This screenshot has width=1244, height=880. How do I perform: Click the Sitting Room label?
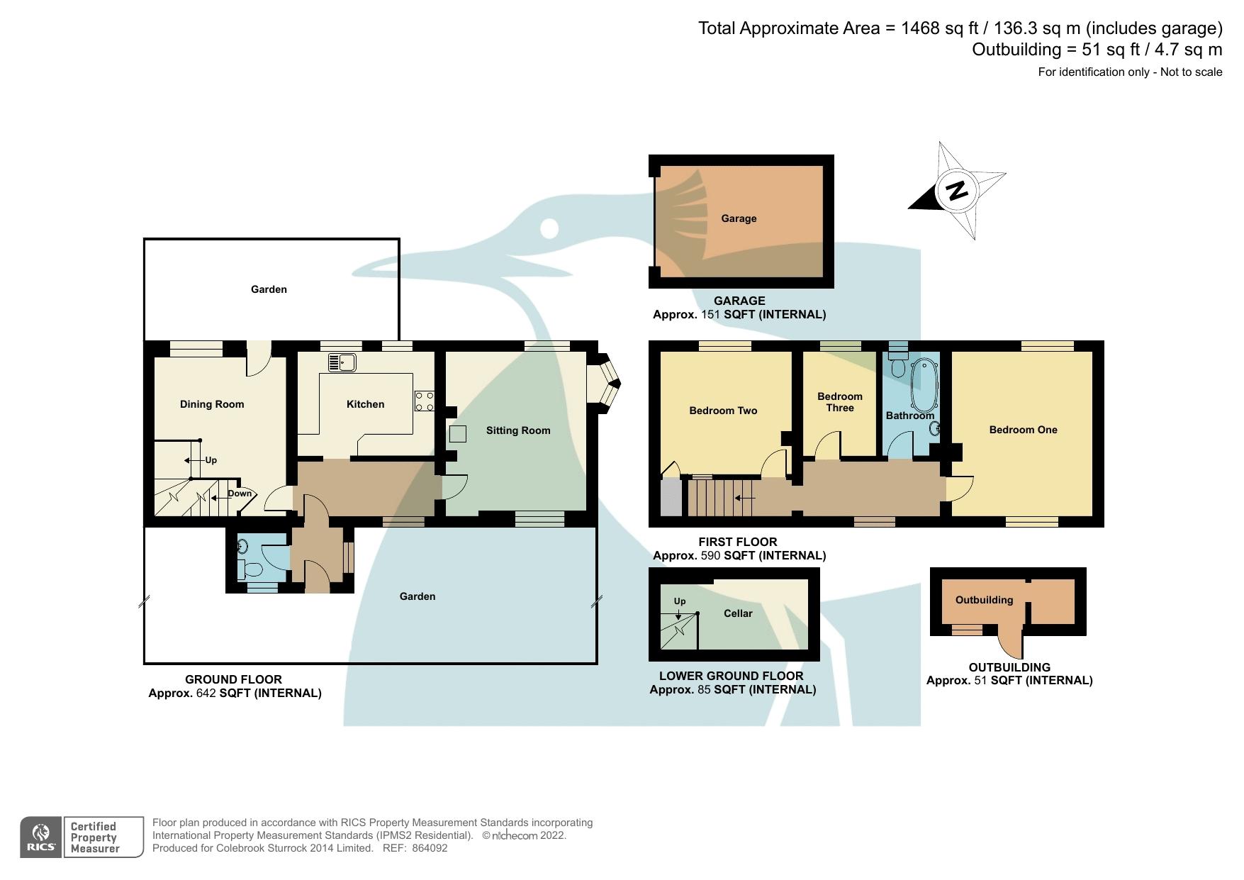517,430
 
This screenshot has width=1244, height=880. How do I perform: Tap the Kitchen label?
365,404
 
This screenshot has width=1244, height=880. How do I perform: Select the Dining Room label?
212,404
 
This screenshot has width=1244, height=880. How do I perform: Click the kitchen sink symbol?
342,362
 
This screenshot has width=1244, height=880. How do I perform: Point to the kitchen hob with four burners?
424,401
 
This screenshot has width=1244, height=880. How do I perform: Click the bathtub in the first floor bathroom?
924,386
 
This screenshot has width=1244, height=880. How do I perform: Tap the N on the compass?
957,190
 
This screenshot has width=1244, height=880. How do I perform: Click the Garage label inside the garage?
739,218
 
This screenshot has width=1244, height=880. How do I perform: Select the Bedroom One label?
1023,430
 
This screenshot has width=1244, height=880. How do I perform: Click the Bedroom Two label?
723,411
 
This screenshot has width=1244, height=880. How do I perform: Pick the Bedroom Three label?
840,402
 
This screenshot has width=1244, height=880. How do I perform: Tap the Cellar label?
738,613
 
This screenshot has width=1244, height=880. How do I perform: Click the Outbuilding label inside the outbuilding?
984,600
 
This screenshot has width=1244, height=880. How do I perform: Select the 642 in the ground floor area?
206,693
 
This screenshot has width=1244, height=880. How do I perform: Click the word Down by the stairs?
240,494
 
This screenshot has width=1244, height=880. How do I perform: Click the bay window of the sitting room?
604,383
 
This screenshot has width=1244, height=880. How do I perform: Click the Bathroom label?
910,416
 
